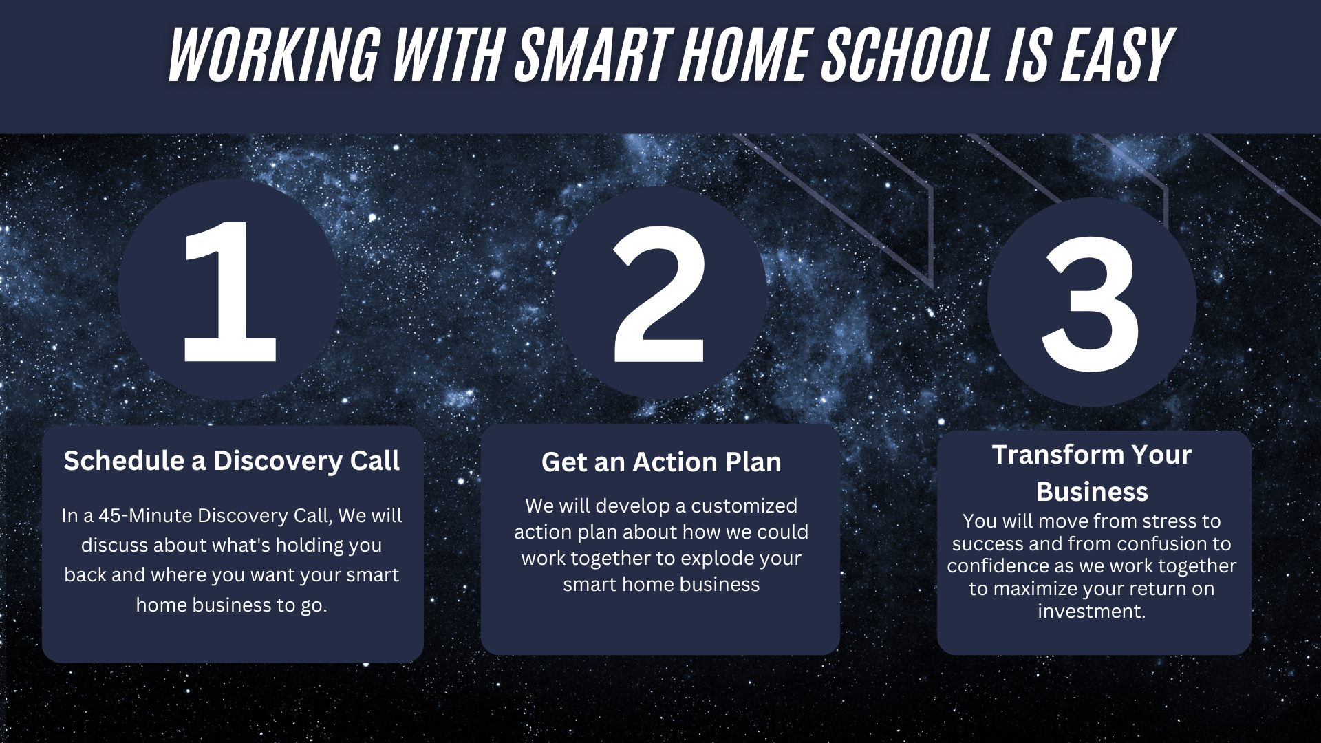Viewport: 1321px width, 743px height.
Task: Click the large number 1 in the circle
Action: click(x=230, y=291)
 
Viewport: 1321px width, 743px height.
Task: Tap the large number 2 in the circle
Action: click(x=659, y=294)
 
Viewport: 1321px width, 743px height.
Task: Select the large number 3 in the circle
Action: click(x=1091, y=304)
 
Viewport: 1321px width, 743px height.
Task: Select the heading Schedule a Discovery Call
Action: click(x=231, y=461)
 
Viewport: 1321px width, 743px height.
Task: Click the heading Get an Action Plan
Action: click(x=661, y=462)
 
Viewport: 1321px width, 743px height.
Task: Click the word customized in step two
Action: click(x=744, y=506)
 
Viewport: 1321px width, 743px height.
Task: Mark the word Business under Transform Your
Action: click(x=1092, y=492)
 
